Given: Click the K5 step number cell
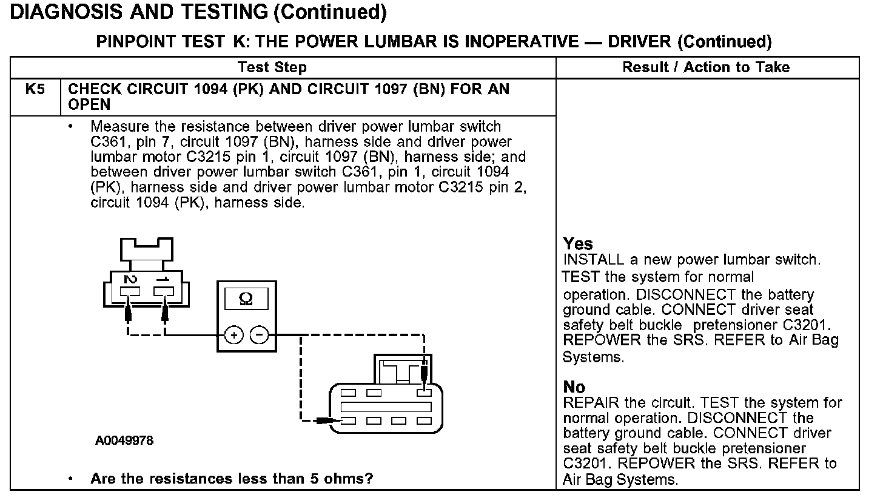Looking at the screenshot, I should coord(35,90).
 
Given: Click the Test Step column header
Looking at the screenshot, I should coord(272,67).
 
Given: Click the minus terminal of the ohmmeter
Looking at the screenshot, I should coord(259,335).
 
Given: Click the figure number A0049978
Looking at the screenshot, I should coord(124,441).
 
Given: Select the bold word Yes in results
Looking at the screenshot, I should coord(578,244).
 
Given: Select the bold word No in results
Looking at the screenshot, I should coord(574,387).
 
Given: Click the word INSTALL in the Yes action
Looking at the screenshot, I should coord(594,260).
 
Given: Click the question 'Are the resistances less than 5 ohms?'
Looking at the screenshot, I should coord(231,479).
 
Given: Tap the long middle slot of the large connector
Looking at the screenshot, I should coord(386,407).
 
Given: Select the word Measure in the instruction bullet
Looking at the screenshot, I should coord(121,127).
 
